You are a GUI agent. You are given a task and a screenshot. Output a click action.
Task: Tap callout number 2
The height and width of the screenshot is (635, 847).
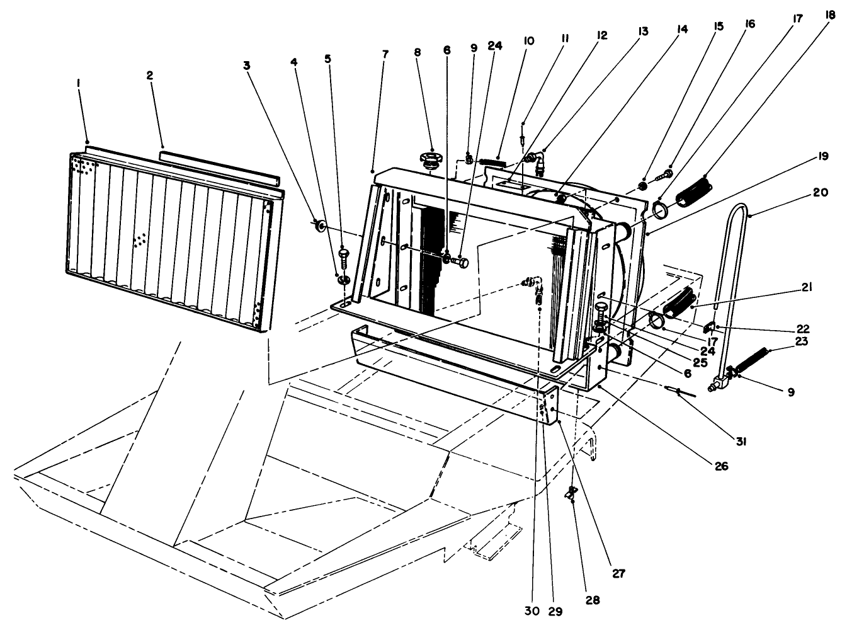point(149,75)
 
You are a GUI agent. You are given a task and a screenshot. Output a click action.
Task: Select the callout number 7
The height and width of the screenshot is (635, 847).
point(385,54)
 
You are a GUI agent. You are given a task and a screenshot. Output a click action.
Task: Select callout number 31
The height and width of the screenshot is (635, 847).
point(741,442)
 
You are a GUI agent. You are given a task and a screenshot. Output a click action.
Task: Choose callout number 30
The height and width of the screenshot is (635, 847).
point(532,610)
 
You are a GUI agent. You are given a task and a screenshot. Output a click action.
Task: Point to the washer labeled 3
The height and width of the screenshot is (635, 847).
point(321,224)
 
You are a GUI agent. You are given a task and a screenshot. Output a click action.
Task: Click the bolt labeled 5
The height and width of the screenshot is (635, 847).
point(343,256)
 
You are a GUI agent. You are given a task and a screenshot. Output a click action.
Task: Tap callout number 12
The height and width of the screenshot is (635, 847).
point(602,35)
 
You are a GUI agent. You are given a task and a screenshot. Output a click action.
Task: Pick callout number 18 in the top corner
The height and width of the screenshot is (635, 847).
point(831,14)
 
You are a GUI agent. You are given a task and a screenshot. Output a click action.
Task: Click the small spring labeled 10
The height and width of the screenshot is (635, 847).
point(493,162)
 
